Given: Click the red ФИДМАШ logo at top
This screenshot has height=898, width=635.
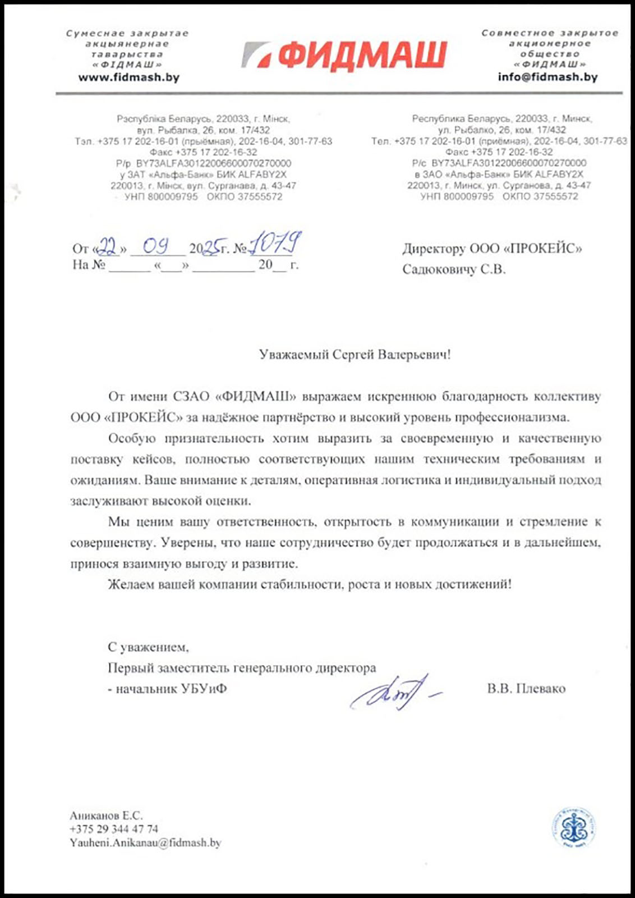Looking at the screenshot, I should pos(344,56).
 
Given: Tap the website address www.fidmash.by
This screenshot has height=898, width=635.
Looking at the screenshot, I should pos(129,77).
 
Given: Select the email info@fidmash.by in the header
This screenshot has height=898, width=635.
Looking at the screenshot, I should pos(547,77).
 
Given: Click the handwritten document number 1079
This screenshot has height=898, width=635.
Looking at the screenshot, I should pos(275,244).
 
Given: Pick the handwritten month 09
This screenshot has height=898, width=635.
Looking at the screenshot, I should pos(157,246).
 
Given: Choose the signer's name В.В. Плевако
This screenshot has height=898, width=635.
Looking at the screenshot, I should pos(526,688).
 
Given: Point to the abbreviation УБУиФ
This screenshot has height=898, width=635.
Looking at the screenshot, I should pos(204,689).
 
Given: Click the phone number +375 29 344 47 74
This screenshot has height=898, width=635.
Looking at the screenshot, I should pos(114,829).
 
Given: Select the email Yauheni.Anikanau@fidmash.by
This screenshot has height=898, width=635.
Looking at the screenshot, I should pos(145,842).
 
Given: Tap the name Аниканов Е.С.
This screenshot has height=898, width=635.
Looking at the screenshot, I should pos(106,815).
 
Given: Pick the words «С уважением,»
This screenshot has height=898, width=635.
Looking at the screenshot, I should pos(148,647).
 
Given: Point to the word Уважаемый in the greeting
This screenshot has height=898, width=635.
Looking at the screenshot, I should pos(294,355).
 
